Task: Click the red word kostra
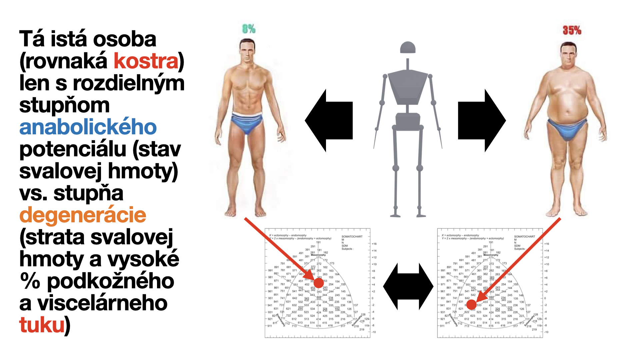[146, 61]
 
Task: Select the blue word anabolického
[88, 127]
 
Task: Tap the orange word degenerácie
[83, 215]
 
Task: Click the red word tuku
[42, 325]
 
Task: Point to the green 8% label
[249, 29]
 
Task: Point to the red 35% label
[572, 31]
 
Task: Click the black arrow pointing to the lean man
[329, 120]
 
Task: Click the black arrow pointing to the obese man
[482, 120]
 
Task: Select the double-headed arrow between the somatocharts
[408, 286]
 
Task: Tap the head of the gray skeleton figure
[408, 48]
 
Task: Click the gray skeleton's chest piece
[407, 87]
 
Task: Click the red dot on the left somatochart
[319, 283]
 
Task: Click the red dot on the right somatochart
[471, 304]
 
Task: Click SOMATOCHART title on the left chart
[352, 236]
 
